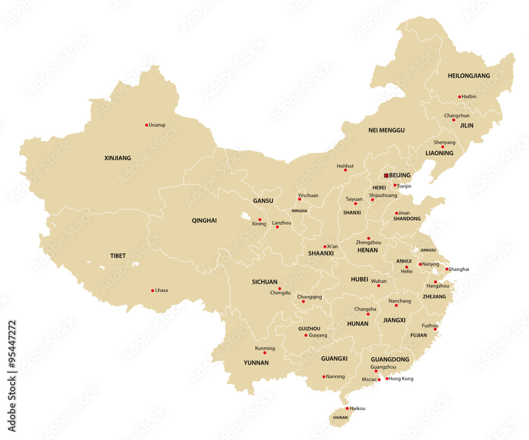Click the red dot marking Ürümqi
click(147, 125)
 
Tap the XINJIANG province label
click(117, 158)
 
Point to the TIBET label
click(118, 256)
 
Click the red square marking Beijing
click(386, 175)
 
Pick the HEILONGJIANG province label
click(469, 76)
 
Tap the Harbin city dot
click(460, 97)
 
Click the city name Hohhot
click(345, 166)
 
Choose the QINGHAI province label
click(204, 220)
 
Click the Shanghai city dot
click(447, 269)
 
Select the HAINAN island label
click(341, 417)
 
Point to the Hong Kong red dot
click(387, 379)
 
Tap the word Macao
click(369, 379)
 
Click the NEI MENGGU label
click(386, 130)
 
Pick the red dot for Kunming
click(264, 353)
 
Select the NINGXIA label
click(299, 211)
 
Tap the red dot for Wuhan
click(378, 286)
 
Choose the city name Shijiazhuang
click(383, 195)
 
